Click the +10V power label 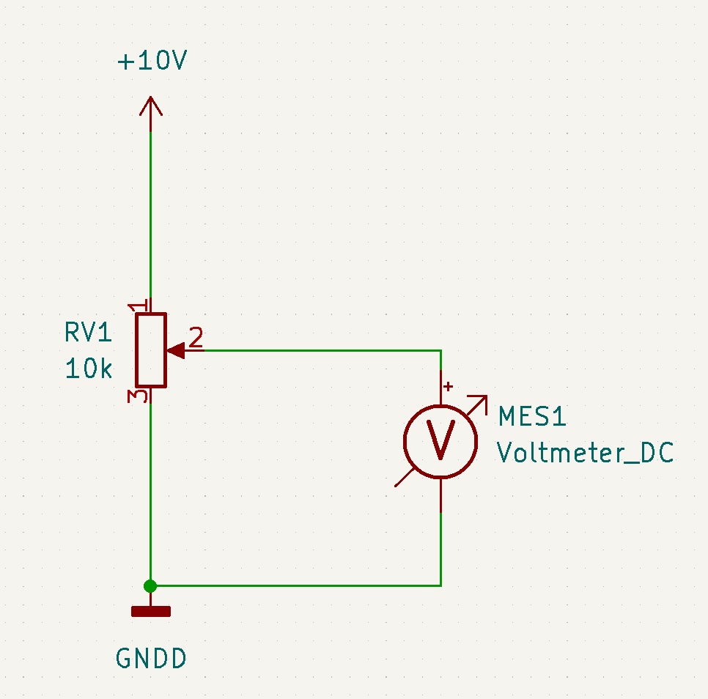click(152, 61)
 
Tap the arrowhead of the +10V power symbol click(151, 106)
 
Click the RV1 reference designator click(89, 333)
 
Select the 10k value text click(89, 369)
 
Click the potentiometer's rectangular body click(151, 350)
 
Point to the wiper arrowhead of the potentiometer click(176, 350)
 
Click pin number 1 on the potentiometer click(139, 306)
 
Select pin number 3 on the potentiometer click(138, 396)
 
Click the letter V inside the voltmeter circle click(440, 440)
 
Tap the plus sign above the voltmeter click(448, 386)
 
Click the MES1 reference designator click(532, 416)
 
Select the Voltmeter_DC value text click(585, 452)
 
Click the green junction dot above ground click(150, 585)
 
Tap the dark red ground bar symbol click(151, 612)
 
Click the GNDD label click(151, 658)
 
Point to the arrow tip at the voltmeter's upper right click(487, 396)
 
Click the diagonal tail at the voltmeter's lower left click(404, 478)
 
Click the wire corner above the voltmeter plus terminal click(440, 350)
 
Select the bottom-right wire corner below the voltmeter click(440, 585)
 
